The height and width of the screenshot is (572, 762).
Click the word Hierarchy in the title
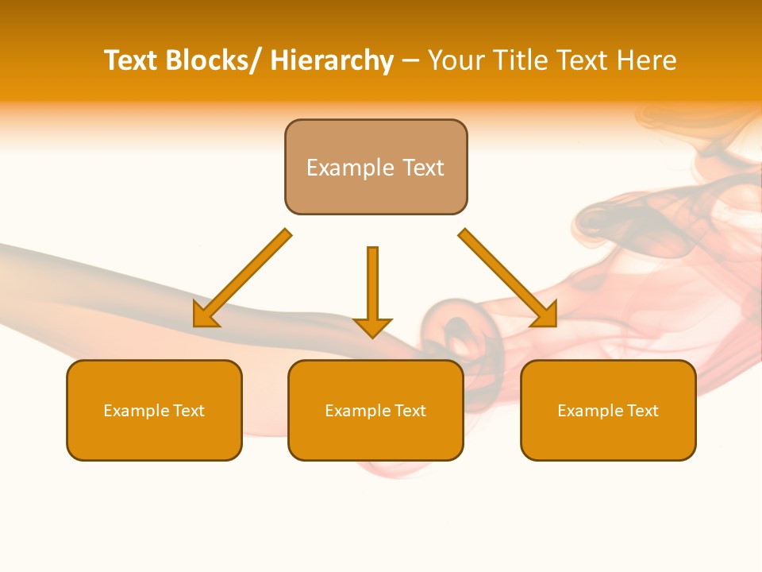[332, 60]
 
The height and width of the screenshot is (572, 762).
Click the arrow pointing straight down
[372, 286]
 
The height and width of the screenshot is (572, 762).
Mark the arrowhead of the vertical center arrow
[372, 327]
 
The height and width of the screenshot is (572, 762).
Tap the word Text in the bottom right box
[643, 411]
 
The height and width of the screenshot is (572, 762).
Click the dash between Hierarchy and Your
[410, 61]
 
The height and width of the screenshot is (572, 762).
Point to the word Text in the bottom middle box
[410, 411]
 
